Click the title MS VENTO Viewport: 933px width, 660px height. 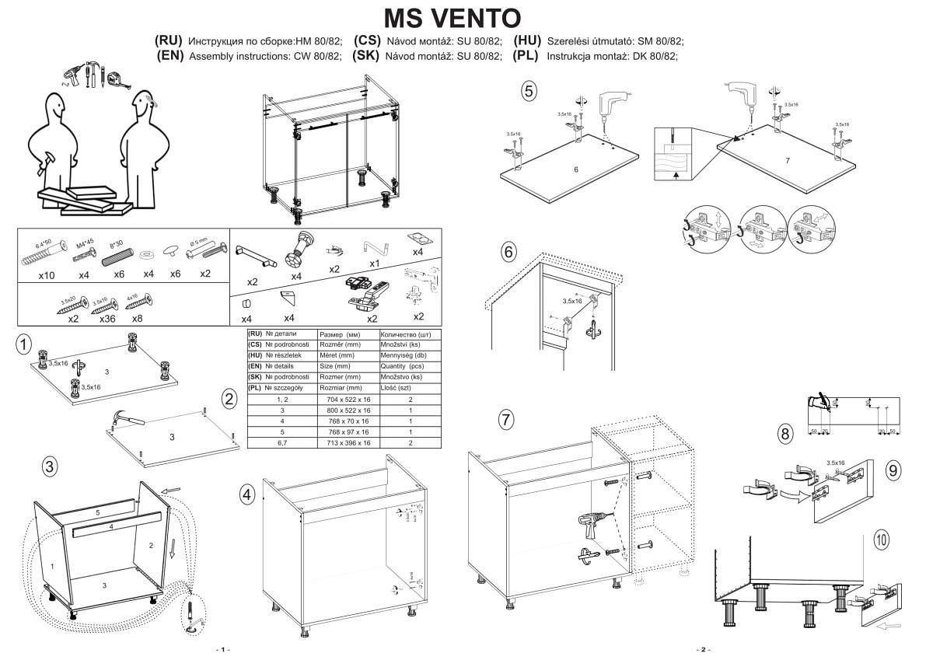click(453, 17)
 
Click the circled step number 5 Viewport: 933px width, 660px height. click(529, 91)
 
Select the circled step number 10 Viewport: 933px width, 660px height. click(882, 539)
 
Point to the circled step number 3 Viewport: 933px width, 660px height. click(49, 466)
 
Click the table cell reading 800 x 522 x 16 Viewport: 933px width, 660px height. click(344, 410)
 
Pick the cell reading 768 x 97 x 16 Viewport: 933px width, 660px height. click(344, 431)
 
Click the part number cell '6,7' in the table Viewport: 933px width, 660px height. click(281, 442)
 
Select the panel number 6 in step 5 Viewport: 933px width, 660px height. click(576, 169)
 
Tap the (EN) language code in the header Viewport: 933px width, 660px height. click(169, 56)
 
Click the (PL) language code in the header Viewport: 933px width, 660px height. click(526, 56)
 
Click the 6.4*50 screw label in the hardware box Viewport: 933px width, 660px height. click(37, 243)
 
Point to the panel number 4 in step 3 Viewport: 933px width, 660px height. click(112, 526)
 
